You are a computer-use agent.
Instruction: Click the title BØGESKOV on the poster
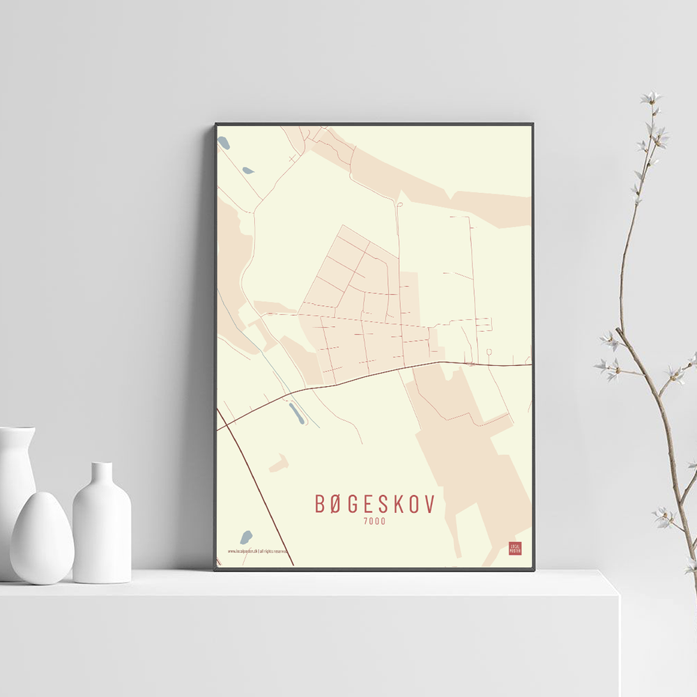point(374,503)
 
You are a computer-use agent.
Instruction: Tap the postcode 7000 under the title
point(374,521)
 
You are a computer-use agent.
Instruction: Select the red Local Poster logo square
point(515,548)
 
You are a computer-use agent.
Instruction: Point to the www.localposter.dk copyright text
point(257,551)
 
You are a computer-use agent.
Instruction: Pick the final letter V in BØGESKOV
point(429,503)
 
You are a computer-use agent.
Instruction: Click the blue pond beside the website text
point(245,537)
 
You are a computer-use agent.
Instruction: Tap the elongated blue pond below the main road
point(296,414)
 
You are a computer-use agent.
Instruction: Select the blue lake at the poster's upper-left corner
point(224,143)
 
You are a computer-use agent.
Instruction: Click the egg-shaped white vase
point(42,538)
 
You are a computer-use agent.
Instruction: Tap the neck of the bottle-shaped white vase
point(102,474)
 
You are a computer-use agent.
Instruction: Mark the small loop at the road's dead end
point(399,204)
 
